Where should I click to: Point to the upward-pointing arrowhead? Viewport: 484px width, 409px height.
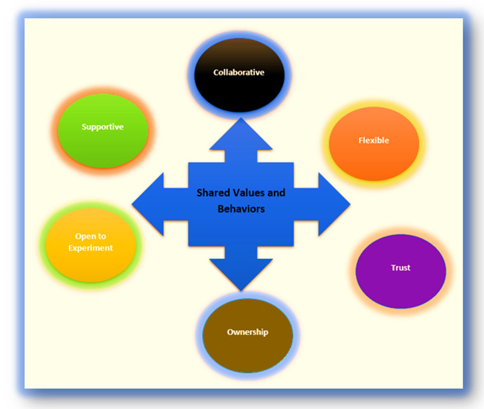241,134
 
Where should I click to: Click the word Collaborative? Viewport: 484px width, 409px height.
239,73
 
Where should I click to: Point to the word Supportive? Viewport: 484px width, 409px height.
102,127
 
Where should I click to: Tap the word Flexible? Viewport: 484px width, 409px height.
374,141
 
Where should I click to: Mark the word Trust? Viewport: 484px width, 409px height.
401,268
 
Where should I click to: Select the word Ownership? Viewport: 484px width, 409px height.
248,332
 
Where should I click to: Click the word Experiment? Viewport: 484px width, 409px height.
90,248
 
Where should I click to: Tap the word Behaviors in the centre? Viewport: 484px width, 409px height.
241,209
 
